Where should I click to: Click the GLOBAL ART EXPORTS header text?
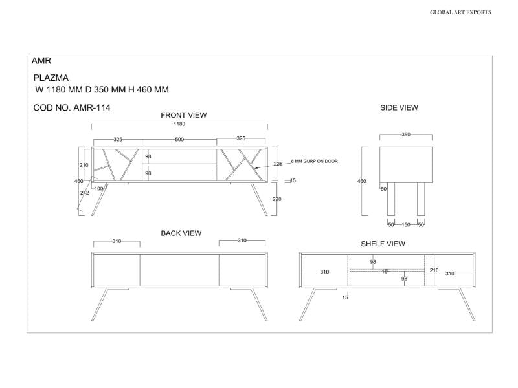[x=460, y=12]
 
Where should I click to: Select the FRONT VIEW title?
[x=183, y=115]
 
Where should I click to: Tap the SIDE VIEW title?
[x=399, y=108]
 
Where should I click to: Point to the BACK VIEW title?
[x=181, y=233]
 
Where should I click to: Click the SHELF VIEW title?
[x=383, y=244]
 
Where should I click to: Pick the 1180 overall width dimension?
[x=179, y=124]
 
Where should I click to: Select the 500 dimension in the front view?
[x=179, y=139]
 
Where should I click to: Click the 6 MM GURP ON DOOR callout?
[x=315, y=160]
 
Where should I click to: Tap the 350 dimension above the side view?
[x=406, y=135]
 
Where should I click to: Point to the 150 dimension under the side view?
[x=406, y=224]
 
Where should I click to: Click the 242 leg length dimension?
[x=84, y=193]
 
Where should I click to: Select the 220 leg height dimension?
[x=277, y=199]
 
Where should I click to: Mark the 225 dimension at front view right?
[x=278, y=164]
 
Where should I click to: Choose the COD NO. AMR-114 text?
[x=71, y=108]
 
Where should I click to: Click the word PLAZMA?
[x=51, y=78]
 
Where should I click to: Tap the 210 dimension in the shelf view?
[x=434, y=270]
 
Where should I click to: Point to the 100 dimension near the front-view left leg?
[x=99, y=188]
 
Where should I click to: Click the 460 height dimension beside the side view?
[x=362, y=182]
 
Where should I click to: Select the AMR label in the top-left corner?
[x=41, y=61]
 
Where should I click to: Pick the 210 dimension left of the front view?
[x=84, y=165]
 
